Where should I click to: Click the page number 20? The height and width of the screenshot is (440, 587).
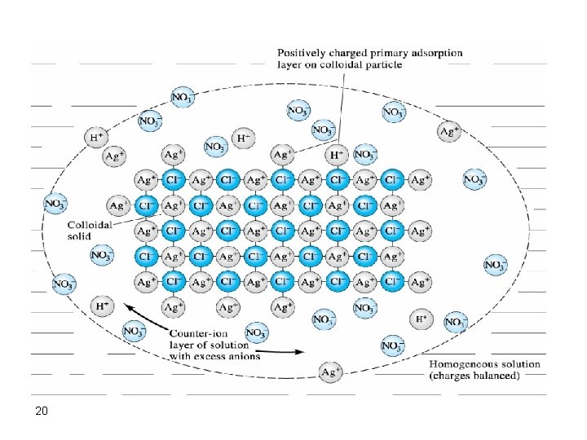point(41,411)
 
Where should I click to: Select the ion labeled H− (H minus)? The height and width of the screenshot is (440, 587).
point(243,138)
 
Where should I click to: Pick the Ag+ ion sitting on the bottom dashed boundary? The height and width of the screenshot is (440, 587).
point(330,372)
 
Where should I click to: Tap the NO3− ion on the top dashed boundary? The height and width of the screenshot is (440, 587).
point(182,98)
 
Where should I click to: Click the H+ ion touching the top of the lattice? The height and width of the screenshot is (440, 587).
point(337,154)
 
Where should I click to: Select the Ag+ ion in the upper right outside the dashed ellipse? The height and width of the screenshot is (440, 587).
point(449,130)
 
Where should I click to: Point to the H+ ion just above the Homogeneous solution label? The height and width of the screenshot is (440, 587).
point(421,319)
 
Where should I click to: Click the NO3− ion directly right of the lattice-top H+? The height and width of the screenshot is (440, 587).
point(364,154)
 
